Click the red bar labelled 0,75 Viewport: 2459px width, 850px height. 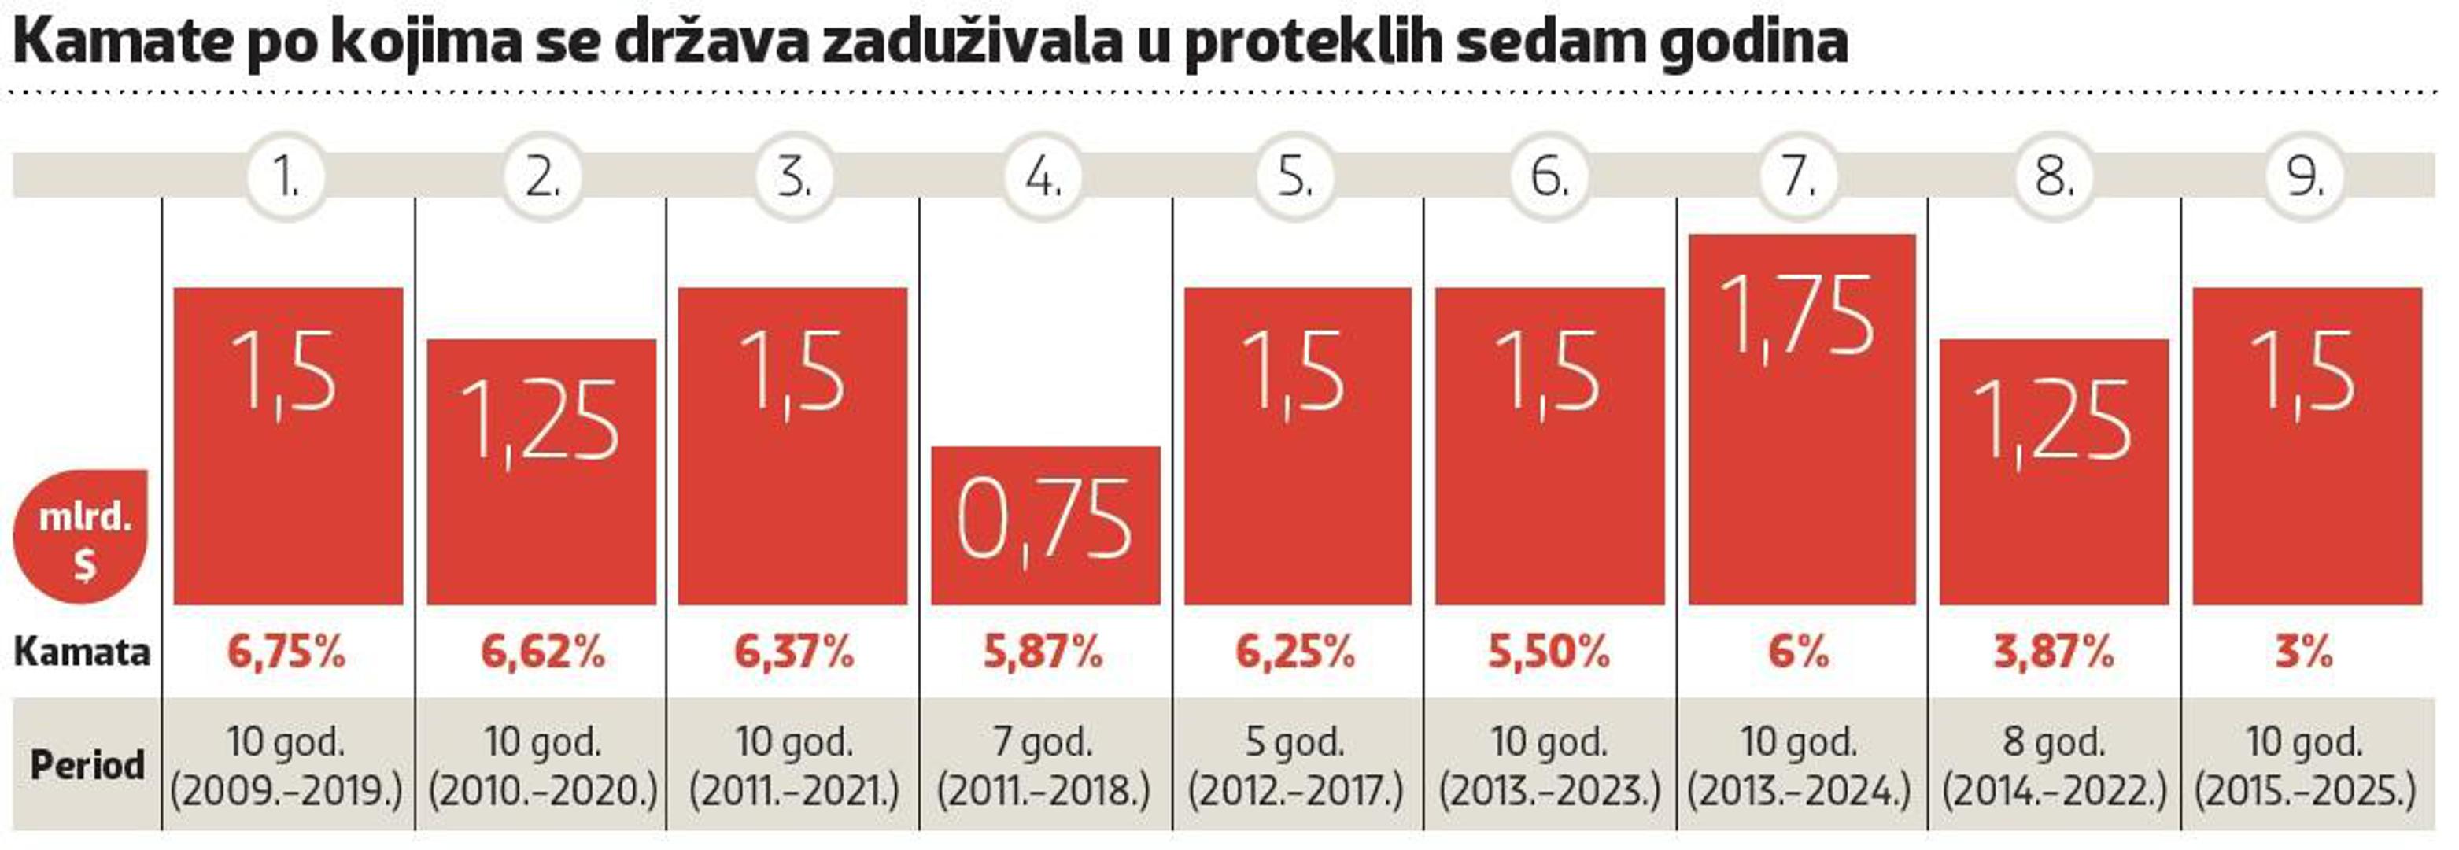point(1045,525)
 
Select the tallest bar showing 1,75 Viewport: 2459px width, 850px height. point(1801,420)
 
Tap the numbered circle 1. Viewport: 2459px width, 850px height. point(286,176)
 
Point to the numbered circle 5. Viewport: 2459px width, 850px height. point(1295,176)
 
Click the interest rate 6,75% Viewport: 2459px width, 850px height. point(286,652)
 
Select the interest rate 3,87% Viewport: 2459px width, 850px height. point(2053,652)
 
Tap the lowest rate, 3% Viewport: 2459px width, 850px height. point(2304,652)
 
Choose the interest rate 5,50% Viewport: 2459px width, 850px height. point(1549,652)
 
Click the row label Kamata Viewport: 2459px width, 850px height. point(82,652)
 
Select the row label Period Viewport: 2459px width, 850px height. point(87,765)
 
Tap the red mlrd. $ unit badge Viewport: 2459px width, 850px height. point(83,537)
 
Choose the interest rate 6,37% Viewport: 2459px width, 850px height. point(793,652)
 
